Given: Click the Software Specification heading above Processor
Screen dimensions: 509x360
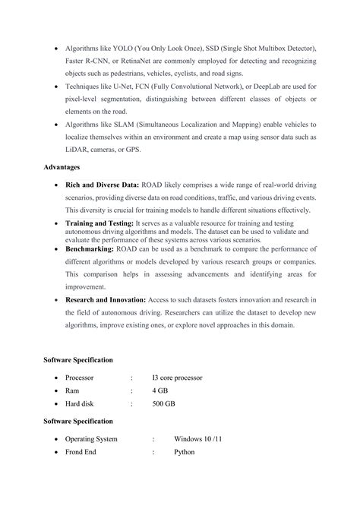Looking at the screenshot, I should [78, 359].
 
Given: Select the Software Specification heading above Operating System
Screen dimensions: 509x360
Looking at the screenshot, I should [78, 420].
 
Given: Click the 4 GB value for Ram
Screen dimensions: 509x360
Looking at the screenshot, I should [159, 390].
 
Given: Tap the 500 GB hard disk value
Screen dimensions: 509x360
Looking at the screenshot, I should [163, 403].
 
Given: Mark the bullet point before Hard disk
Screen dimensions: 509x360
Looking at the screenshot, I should [56, 403].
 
